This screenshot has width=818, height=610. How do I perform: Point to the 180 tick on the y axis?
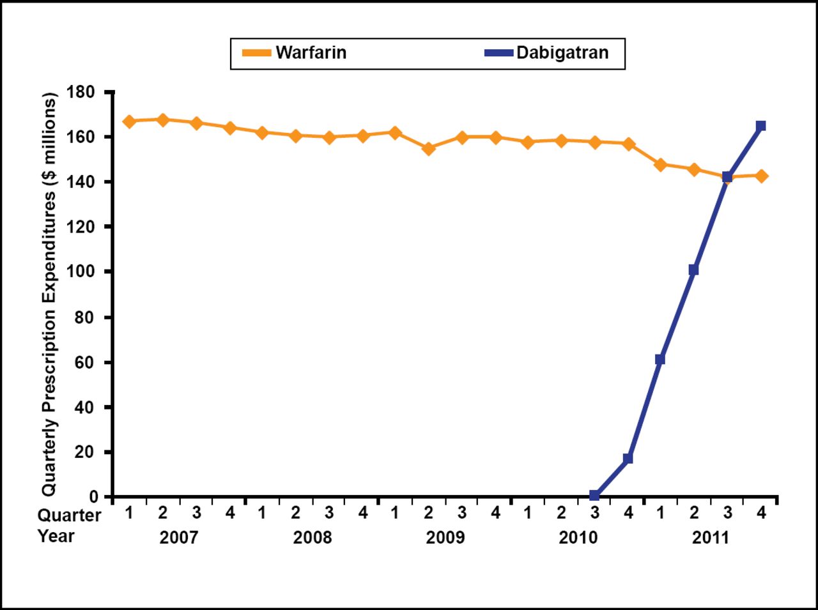tap(81, 93)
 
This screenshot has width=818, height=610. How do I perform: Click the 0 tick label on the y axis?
tap(93, 496)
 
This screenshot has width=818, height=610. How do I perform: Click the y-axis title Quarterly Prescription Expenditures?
tap(50, 294)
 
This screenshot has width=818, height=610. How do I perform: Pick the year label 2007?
tap(179, 537)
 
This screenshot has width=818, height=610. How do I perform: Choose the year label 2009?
tap(445, 537)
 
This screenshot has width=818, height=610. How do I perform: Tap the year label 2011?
tap(711, 537)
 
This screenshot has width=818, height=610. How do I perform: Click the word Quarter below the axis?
tap(69, 515)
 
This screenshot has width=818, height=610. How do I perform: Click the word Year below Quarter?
tap(56, 536)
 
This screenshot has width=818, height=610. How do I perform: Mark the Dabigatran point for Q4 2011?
tap(760, 126)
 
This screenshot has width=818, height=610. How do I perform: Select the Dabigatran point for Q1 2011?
tap(660, 360)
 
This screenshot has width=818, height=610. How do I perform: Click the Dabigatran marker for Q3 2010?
tap(594, 496)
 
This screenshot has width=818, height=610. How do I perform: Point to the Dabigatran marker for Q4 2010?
tap(628, 459)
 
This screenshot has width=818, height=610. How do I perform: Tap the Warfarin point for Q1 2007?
tap(129, 121)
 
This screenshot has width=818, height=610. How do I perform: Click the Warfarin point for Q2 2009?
tap(428, 149)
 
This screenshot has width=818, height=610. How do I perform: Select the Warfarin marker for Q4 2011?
tap(760, 176)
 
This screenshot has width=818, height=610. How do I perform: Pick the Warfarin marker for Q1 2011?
tap(660, 165)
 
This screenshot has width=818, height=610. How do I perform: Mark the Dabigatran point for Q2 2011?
tap(693, 270)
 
